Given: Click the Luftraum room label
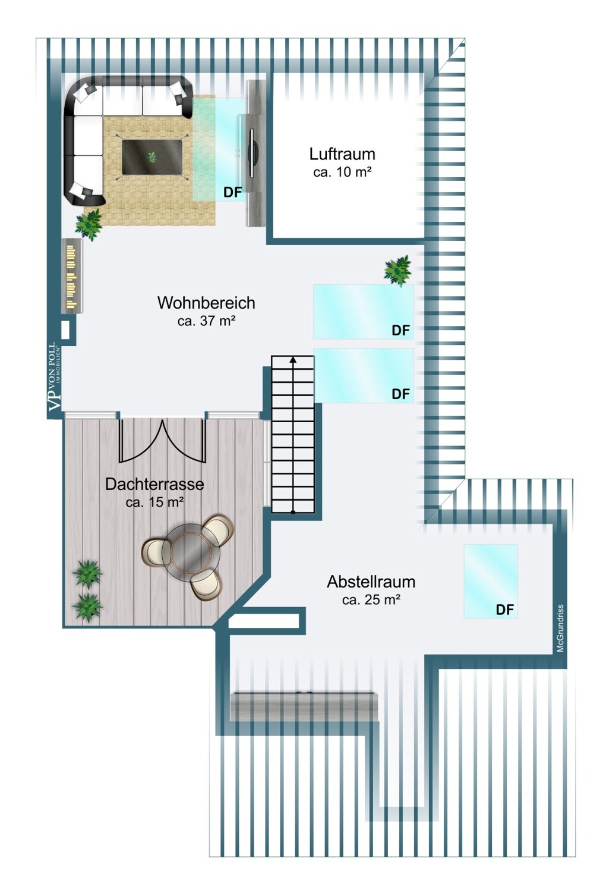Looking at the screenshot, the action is click(x=342, y=154).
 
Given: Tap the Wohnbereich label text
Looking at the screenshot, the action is click(x=206, y=303).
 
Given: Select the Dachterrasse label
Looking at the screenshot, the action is click(x=154, y=484).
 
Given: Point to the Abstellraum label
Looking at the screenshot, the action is click(x=371, y=582).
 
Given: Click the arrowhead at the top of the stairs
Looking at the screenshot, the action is click(x=293, y=359).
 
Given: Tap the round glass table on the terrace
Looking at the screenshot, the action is click(x=193, y=551).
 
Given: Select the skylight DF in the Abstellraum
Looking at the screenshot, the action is click(x=491, y=581).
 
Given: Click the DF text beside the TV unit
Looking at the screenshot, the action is click(x=232, y=192).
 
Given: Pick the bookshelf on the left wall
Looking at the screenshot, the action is click(x=72, y=275).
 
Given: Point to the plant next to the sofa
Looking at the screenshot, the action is click(x=89, y=224).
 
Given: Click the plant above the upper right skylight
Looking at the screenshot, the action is click(x=397, y=271).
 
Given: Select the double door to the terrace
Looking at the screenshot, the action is click(x=163, y=440).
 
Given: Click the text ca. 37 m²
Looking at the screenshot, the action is click(x=206, y=321).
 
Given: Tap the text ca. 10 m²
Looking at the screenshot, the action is click(x=342, y=172).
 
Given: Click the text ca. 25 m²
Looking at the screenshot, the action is click(x=371, y=599).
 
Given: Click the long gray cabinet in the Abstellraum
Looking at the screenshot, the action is click(x=304, y=707).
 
